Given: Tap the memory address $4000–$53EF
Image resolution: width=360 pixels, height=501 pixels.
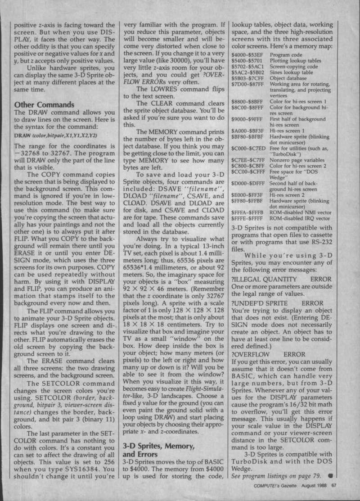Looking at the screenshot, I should pyautogui.click(x=247, y=54).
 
